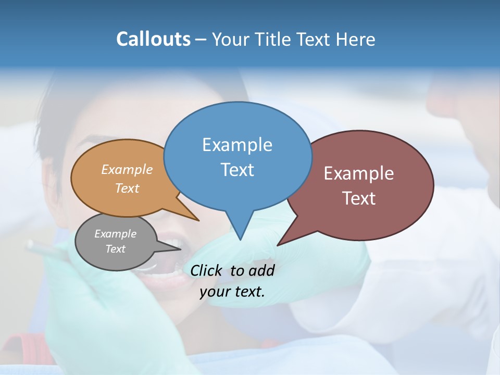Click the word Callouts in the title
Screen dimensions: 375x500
click(153, 39)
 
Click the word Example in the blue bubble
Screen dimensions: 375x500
click(237, 145)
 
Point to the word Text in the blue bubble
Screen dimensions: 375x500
click(237, 170)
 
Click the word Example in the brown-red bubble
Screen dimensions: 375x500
click(359, 173)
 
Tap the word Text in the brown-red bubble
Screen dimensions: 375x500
click(359, 198)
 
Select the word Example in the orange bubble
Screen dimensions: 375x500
click(127, 170)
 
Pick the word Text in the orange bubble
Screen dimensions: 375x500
click(127, 189)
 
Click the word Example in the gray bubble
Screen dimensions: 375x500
click(115, 234)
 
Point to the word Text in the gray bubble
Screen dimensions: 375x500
click(115, 249)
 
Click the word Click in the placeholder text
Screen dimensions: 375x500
click(207, 270)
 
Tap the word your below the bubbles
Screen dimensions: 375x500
click(214, 292)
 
